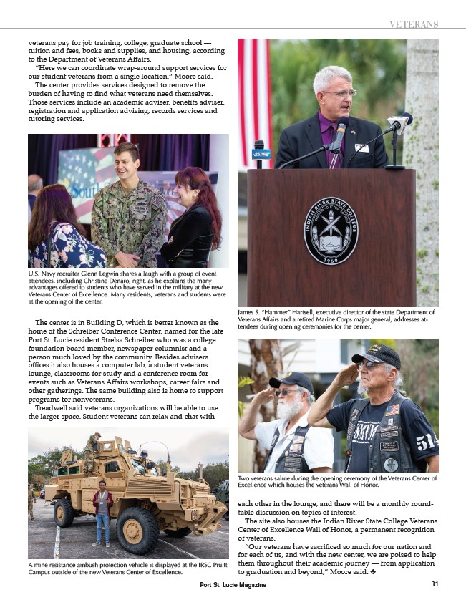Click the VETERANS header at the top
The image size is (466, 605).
[x=413, y=24]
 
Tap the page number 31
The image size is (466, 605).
[x=435, y=584]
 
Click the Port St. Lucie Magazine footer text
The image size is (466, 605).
[x=233, y=585]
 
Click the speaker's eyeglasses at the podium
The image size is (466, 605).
[x=337, y=93]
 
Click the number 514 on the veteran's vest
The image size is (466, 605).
[x=427, y=442]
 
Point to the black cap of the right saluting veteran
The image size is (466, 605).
[x=377, y=354]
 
